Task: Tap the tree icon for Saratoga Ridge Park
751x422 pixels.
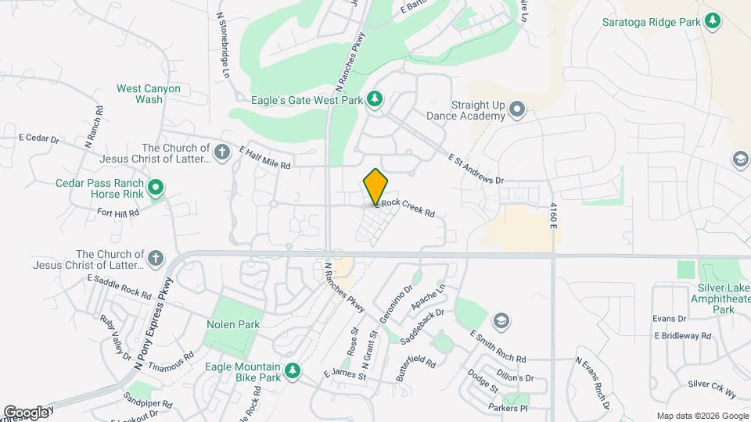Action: point(712,21)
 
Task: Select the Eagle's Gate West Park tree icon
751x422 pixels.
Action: point(376,98)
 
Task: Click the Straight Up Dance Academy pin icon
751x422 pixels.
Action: point(517,109)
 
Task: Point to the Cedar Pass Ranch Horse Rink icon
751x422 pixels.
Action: point(156,187)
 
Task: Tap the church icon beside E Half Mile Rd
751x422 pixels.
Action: point(222,152)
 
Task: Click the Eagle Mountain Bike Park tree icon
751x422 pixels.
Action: point(293,370)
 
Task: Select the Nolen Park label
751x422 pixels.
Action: point(233,324)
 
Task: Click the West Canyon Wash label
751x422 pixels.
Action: point(149,94)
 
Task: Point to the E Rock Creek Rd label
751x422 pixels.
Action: point(404,207)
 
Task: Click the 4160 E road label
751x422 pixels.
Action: point(553,215)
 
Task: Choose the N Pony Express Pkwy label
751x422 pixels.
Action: point(153,322)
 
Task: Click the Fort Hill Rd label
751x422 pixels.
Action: point(117,212)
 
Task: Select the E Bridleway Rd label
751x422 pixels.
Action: point(683,336)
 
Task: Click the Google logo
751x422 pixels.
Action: point(26,412)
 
